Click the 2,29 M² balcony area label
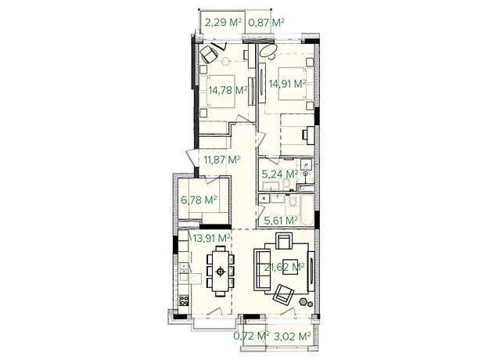pyautogui.click(x=223, y=22)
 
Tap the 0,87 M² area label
pyautogui.click(x=266, y=22)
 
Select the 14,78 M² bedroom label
pyautogui.click(x=228, y=90)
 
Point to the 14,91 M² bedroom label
pyautogui.click(x=288, y=84)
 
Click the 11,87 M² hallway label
pyautogui.click(x=222, y=160)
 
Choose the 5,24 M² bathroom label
pyautogui.click(x=280, y=175)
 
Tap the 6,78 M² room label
pyautogui.click(x=199, y=200)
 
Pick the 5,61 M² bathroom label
pyautogui.click(x=281, y=221)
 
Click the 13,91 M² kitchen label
pyautogui.click(x=211, y=238)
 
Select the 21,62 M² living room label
pyautogui.click(x=284, y=267)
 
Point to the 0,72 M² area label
pyautogui.click(x=251, y=336)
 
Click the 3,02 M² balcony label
pyautogui.click(x=293, y=337)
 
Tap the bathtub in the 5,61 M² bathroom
pyautogui.click(x=307, y=210)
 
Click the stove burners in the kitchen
pyautogui.click(x=184, y=301)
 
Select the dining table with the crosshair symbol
pyautogui.click(x=221, y=272)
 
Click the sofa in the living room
pyautogui.click(x=262, y=269)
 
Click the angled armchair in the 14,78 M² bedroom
pyautogui.click(x=209, y=53)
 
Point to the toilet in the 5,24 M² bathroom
pyautogui.click(x=286, y=185)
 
